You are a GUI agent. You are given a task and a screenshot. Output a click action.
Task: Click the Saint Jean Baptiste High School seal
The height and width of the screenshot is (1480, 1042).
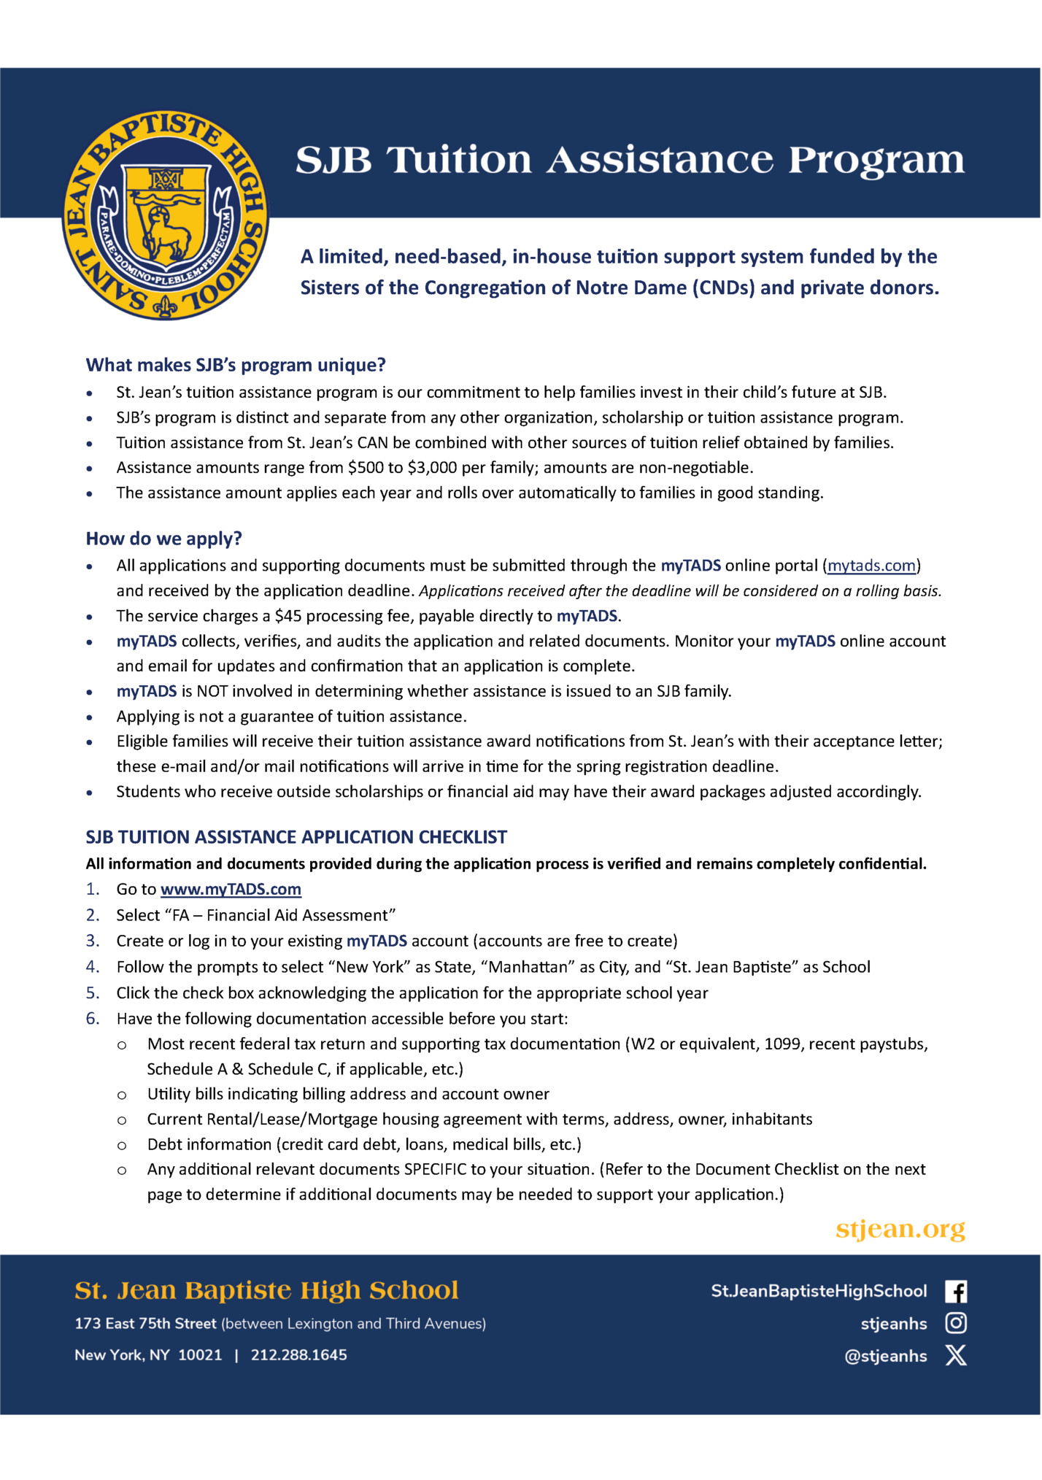click(x=166, y=216)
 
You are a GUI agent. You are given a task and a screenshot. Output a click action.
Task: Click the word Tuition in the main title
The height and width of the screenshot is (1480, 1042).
click(x=459, y=160)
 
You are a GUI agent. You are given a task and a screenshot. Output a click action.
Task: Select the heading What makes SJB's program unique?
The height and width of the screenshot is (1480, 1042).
click(x=236, y=365)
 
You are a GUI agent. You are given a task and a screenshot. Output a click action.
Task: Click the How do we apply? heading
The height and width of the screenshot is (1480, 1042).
click(x=163, y=539)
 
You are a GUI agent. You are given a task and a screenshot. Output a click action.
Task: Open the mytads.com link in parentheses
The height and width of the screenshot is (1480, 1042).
click(x=871, y=566)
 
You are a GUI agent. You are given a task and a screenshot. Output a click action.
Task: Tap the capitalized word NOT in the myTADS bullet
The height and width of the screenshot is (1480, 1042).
click(x=212, y=691)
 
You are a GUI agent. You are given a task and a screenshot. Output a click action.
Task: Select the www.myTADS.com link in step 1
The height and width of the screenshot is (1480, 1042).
click(x=231, y=889)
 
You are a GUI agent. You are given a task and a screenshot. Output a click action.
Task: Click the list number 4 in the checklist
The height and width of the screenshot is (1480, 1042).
click(x=92, y=967)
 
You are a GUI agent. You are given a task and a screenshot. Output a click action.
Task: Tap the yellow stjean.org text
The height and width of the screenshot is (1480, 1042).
click(x=900, y=1229)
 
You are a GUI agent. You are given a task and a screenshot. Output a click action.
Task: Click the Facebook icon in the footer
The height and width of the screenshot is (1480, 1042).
click(x=956, y=1291)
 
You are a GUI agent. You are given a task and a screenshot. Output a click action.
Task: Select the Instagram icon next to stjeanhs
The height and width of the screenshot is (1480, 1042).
click(x=956, y=1323)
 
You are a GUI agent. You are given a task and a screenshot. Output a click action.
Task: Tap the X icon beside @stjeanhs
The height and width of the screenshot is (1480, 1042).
click(x=956, y=1355)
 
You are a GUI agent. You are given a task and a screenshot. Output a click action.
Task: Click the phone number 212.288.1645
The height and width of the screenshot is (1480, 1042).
click(x=299, y=1355)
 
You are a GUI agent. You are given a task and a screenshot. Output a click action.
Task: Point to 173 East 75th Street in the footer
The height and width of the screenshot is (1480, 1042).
click(x=145, y=1323)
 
